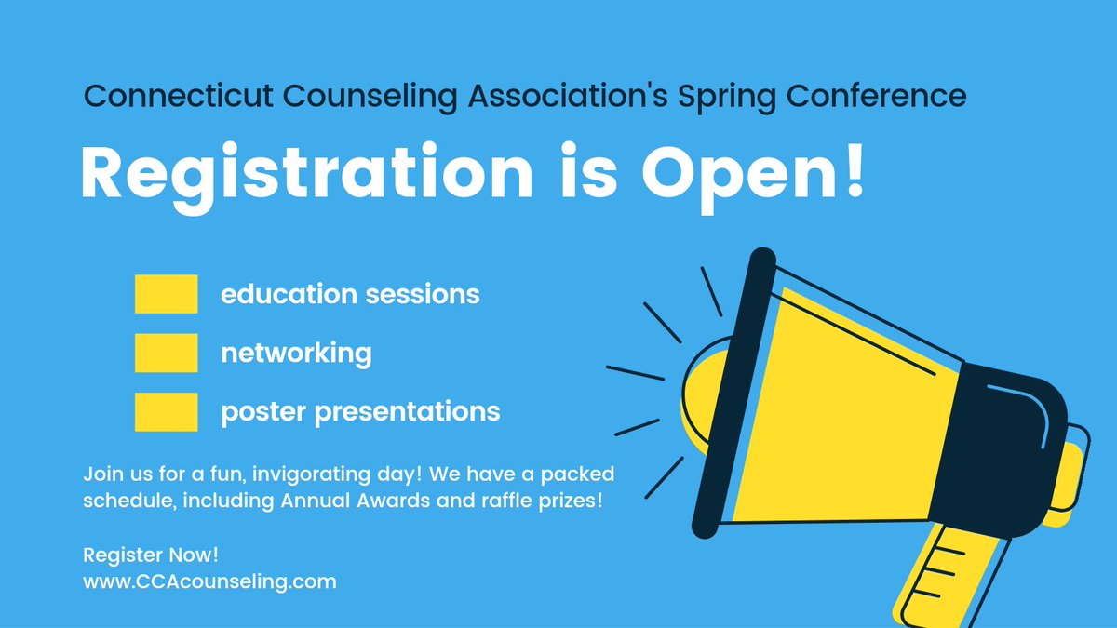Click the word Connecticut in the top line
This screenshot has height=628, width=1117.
(x=178, y=95)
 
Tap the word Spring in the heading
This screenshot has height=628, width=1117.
(x=727, y=98)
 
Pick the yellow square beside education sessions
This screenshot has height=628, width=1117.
(x=166, y=294)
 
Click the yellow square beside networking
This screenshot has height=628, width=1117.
(x=166, y=353)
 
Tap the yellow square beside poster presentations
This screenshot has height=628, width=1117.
(x=166, y=411)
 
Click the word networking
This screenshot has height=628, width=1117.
(x=296, y=354)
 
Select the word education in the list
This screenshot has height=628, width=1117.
(x=289, y=294)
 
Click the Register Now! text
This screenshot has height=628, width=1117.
(x=151, y=555)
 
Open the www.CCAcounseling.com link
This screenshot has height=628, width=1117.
(x=210, y=582)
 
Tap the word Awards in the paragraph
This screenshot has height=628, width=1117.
(x=394, y=501)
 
